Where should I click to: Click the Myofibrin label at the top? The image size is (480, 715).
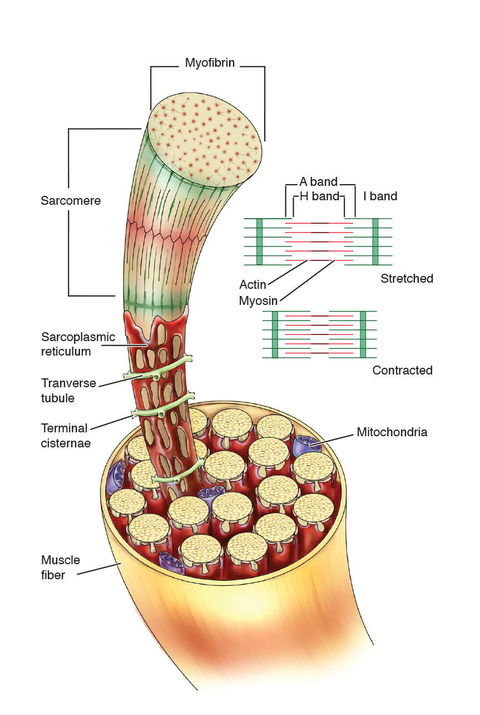[x=210, y=63]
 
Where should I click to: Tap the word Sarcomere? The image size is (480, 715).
[x=71, y=200]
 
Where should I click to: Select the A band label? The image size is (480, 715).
[x=318, y=182]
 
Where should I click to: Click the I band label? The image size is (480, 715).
[x=380, y=196]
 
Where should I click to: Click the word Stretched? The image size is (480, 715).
[x=407, y=278]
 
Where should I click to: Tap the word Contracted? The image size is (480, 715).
[x=402, y=370]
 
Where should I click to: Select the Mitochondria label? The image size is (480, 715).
[x=392, y=432]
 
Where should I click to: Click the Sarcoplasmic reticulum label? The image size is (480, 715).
[x=78, y=344]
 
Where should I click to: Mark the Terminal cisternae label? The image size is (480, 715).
[x=66, y=436]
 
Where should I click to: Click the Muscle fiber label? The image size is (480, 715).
[x=61, y=568]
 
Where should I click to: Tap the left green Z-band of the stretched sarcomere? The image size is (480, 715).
[x=260, y=241]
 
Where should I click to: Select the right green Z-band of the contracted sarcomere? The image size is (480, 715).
[x=363, y=334]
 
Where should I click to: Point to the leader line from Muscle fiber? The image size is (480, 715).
[x=99, y=569]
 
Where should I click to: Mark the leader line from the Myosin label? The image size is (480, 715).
[x=306, y=280]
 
